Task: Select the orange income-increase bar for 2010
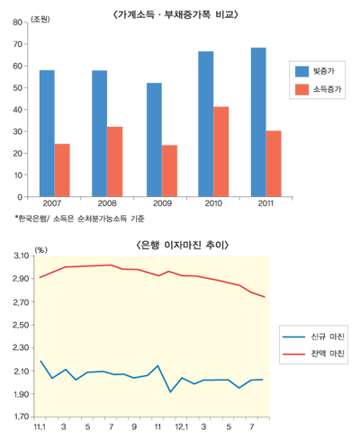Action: click(x=220, y=151)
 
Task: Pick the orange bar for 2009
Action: click(x=169, y=170)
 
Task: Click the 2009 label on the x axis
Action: click(x=161, y=205)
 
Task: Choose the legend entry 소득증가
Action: click(x=326, y=89)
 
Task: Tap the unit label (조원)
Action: click(x=40, y=19)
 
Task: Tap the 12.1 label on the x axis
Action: click(x=179, y=426)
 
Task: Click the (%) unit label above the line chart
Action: click(x=40, y=249)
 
